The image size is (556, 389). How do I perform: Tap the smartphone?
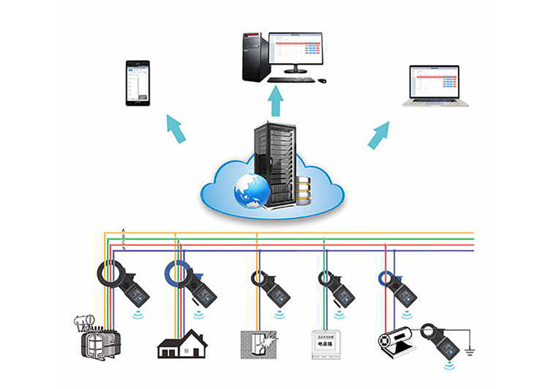(x=137, y=83)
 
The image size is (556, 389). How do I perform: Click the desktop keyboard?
(x=290, y=80)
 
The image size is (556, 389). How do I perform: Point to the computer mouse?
(x=322, y=81)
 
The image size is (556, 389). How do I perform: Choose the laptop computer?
(x=435, y=86)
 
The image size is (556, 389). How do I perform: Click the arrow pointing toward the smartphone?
(x=176, y=128)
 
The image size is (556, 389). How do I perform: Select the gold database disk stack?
(x=304, y=191)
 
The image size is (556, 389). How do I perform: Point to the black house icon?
(x=182, y=343)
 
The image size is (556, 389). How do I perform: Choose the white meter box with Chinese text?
(x=324, y=343)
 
